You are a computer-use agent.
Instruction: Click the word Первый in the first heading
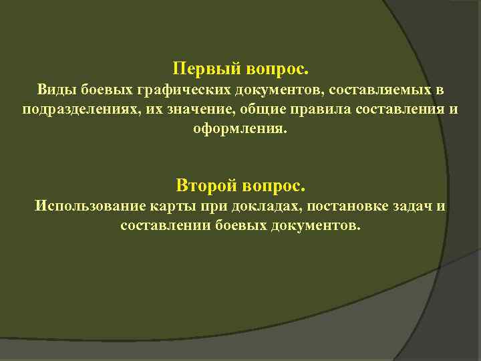pos(198,69)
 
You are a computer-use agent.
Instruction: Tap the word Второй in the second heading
pos(201,184)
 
